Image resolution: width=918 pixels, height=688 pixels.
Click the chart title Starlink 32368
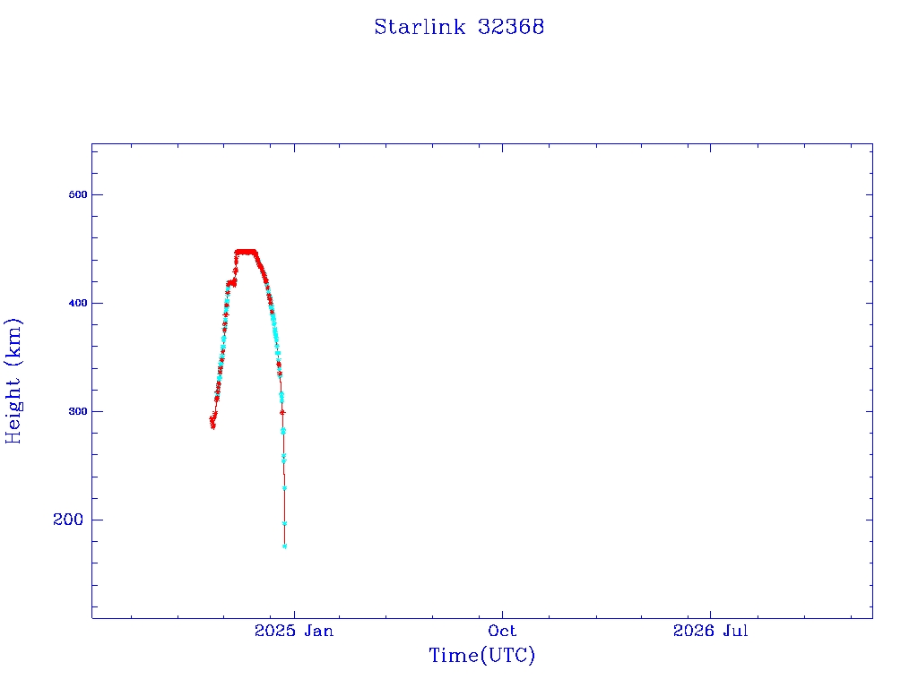pyautogui.click(x=459, y=27)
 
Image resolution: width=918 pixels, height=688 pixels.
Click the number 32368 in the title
pyautogui.click(x=511, y=27)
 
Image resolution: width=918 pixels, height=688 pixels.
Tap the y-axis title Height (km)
pyautogui.click(x=13, y=381)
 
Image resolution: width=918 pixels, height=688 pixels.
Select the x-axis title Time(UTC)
pyautogui.click(x=481, y=655)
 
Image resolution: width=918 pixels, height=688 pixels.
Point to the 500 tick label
pyautogui.click(x=78, y=194)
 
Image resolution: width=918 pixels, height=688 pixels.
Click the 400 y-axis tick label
pyautogui.click(x=78, y=303)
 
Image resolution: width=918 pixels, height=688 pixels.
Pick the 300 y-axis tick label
pyautogui.click(x=78, y=411)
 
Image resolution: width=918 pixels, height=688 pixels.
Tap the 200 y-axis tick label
pyautogui.click(x=68, y=520)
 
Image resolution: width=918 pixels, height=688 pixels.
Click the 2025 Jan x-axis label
pyautogui.click(x=294, y=631)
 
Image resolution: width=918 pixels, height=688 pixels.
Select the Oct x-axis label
pyautogui.click(x=502, y=631)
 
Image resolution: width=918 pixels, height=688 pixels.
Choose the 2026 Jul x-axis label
pyautogui.click(x=710, y=631)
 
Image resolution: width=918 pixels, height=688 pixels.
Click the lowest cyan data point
pyautogui.click(x=284, y=546)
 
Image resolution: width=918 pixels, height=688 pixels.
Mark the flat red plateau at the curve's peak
pyautogui.click(x=246, y=252)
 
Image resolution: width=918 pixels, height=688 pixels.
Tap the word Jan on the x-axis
pyautogui.click(x=318, y=631)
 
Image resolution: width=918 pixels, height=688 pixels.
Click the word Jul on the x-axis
pyautogui.click(x=735, y=631)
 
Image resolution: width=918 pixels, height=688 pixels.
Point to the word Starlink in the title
pyautogui.click(x=420, y=27)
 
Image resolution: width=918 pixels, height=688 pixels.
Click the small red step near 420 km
pyautogui.click(x=231, y=283)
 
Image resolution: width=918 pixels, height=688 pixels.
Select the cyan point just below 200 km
pyautogui.click(x=284, y=523)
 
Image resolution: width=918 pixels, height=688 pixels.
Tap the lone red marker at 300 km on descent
pyautogui.click(x=282, y=412)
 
